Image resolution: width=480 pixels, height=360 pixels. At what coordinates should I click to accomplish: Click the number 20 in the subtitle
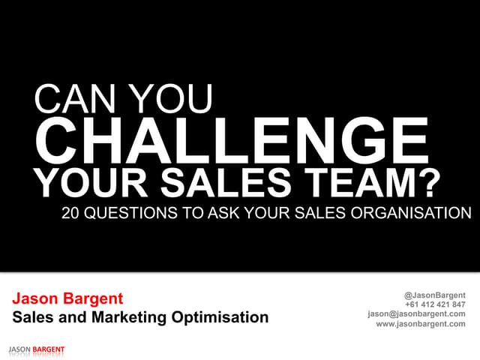pyautogui.click(x=70, y=214)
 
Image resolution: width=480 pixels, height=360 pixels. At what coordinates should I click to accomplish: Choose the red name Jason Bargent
pyautogui.click(x=67, y=300)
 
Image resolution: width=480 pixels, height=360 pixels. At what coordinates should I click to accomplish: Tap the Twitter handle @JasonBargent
pyautogui.click(x=434, y=295)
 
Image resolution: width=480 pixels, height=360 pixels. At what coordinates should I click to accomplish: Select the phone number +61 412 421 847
pyautogui.click(x=435, y=304)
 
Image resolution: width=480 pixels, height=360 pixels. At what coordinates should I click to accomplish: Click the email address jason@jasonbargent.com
pyautogui.click(x=416, y=314)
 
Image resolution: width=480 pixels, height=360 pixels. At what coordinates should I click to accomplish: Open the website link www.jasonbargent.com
pyautogui.click(x=421, y=324)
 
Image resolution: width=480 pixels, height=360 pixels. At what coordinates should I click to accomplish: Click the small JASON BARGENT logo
pyautogui.click(x=36, y=350)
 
